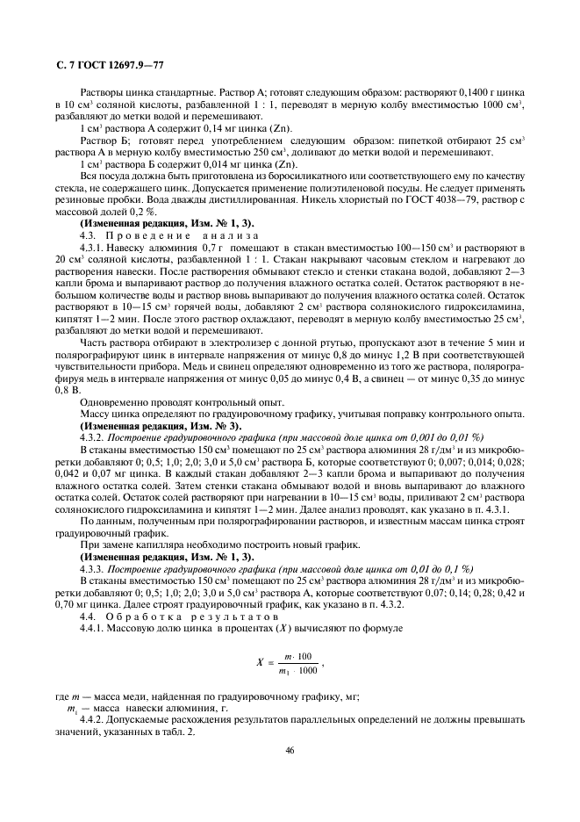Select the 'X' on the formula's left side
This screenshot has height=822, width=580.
260,664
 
